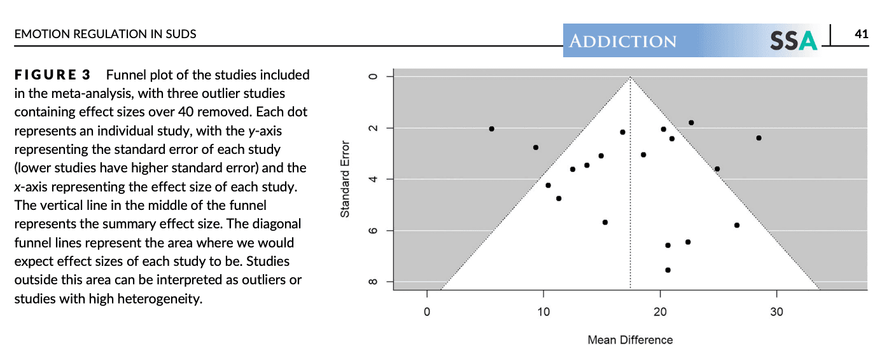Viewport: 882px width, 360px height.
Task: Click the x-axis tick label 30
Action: click(x=776, y=312)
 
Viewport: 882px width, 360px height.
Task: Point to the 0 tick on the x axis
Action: click(x=426, y=312)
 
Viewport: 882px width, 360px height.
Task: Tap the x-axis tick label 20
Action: click(x=660, y=312)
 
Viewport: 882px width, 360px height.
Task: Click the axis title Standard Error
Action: click(x=345, y=179)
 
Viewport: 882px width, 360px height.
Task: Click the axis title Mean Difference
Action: click(x=630, y=340)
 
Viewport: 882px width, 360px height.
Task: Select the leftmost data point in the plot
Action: click(x=491, y=128)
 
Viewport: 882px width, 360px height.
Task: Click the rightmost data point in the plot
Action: click(x=759, y=138)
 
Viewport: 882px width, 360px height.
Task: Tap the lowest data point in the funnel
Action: click(x=668, y=270)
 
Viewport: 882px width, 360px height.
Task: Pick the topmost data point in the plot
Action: click(x=691, y=122)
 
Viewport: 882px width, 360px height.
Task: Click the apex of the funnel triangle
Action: click(x=630, y=78)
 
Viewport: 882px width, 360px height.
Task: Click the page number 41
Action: click(x=861, y=34)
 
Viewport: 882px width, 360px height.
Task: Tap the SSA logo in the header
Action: click(x=793, y=41)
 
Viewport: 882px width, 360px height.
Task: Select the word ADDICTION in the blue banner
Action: click(x=623, y=42)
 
